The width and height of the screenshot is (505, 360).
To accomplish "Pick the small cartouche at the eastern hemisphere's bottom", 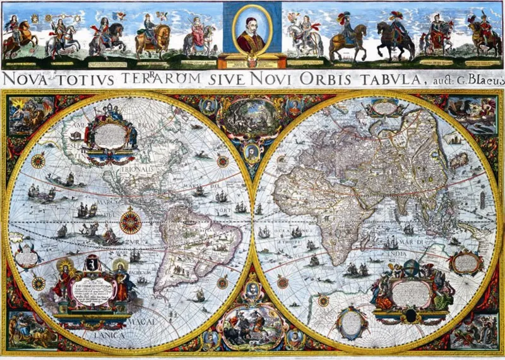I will point(352,321).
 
